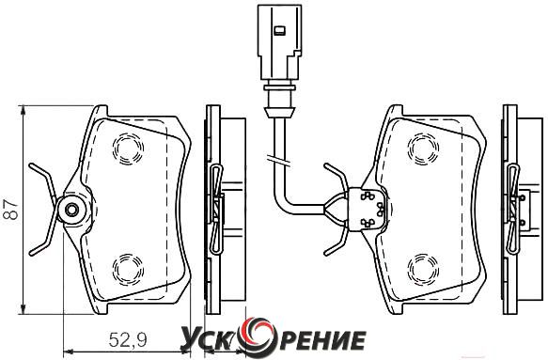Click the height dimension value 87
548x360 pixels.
click(11, 210)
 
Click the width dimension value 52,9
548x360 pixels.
click(128, 339)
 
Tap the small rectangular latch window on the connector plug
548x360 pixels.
click(279, 31)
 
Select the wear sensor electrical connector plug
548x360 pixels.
click(279, 42)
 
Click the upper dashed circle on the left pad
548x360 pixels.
click(128, 149)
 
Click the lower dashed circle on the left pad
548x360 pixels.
click(128, 270)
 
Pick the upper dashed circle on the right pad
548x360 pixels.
click(423, 149)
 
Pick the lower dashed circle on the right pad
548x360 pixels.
click(423, 269)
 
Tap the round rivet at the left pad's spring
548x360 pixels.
click(72, 210)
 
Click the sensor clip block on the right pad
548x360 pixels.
click(367, 210)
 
